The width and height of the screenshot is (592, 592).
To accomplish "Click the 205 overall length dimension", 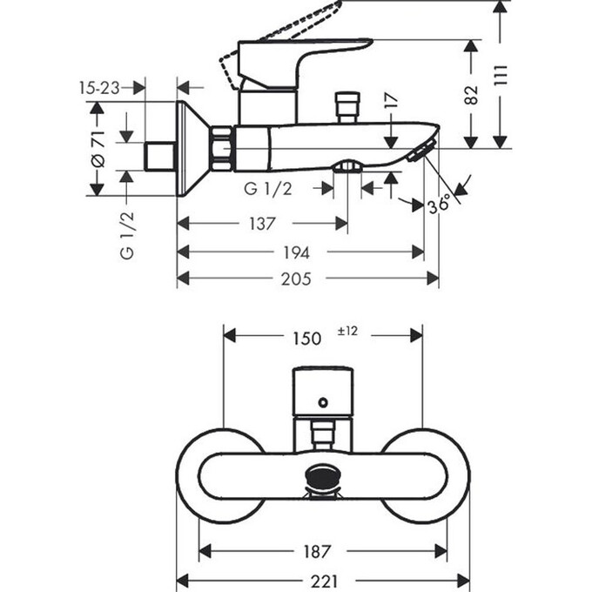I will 297,279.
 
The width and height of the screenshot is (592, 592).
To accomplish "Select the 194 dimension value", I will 297,252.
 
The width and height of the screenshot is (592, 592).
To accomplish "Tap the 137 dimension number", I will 261,225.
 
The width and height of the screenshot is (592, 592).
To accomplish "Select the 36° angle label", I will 440,205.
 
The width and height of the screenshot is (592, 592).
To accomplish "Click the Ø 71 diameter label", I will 98,149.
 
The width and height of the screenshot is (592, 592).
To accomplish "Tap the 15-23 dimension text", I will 98,87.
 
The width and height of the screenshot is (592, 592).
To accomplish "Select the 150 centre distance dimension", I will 306,339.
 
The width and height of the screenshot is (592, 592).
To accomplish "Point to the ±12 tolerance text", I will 348,332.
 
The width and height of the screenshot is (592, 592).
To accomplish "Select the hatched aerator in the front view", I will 322,479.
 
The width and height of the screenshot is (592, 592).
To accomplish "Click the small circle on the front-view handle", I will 323,402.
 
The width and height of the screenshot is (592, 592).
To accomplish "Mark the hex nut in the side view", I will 222,148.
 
